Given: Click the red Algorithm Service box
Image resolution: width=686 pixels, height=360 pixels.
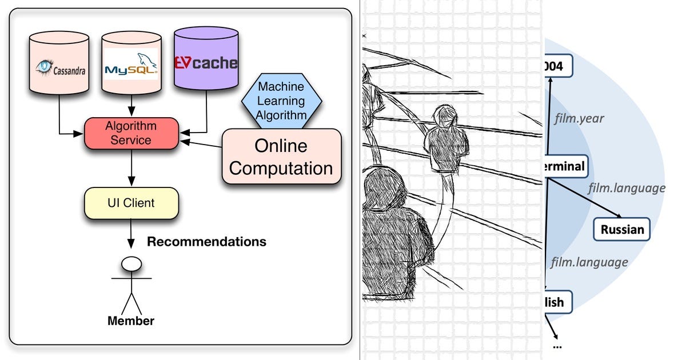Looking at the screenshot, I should point(131,133).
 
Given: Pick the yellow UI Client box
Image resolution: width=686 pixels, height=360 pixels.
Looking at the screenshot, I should point(131,203).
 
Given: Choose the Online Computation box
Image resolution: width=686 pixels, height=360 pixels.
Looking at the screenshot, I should point(281,156).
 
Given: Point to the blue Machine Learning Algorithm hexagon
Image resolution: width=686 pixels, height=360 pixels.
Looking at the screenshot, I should point(281,101).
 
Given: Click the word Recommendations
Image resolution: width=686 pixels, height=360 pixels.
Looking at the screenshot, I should point(206,242).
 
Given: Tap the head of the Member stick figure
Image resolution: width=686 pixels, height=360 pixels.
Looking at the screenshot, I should point(132,263).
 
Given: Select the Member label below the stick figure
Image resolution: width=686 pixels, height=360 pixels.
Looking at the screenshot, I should point(131,321).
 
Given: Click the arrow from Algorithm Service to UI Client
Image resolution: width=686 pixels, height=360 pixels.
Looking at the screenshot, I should point(131,168).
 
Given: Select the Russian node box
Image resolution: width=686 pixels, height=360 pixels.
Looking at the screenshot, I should point(622,230).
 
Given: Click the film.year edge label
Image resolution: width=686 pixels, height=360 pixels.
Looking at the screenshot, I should point(579,119).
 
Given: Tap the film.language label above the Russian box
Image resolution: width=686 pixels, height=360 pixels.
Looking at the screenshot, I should point(627,188).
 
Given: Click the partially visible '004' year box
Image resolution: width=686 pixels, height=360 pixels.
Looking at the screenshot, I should point(557,66).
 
